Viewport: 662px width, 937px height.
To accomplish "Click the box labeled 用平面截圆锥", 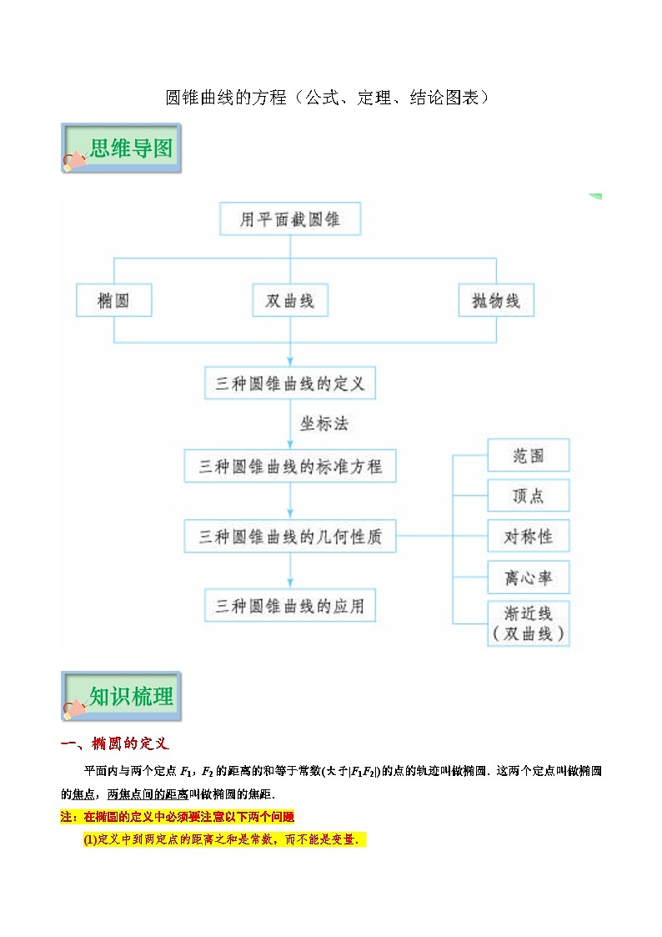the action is pyautogui.click(x=289, y=220).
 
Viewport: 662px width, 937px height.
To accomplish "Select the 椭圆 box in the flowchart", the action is pyautogui.click(x=114, y=300).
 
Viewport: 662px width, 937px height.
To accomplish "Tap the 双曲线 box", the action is pyautogui.click(x=289, y=300).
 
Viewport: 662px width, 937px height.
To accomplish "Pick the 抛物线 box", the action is pyautogui.click(x=496, y=300).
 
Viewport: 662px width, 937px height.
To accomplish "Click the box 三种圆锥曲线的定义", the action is pyautogui.click(x=289, y=385).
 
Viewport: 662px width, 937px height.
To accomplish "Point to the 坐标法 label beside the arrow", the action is pyautogui.click(x=323, y=424).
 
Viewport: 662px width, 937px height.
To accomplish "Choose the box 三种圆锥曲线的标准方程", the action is pyautogui.click(x=289, y=466).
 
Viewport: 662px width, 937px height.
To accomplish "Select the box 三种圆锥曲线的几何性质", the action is pyautogui.click(x=289, y=537).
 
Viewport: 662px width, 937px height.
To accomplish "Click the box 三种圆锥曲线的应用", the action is pyautogui.click(x=289, y=605).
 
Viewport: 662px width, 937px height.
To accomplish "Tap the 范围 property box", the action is pyautogui.click(x=529, y=456).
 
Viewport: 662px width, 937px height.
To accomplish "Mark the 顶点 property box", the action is pyautogui.click(x=529, y=496).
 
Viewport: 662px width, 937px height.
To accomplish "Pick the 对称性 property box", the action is pyautogui.click(x=529, y=536).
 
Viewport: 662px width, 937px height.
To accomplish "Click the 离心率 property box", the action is pyautogui.click(x=529, y=577).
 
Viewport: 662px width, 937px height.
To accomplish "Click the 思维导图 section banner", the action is pyautogui.click(x=122, y=149).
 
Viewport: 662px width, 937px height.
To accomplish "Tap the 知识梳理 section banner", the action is pyautogui.click(x=122, y=697).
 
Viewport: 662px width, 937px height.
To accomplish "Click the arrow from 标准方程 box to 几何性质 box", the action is pyautogui.click(x=290, y=501).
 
